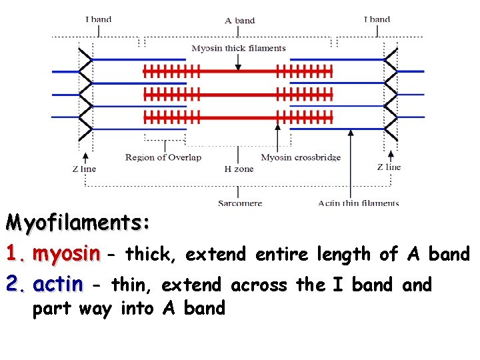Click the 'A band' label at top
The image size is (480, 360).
240,20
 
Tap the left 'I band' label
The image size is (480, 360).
98,19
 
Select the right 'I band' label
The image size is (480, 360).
377,19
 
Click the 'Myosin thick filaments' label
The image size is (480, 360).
239,48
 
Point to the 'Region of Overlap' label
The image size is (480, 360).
163,157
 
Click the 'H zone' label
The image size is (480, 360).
239,169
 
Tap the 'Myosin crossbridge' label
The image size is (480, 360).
301,157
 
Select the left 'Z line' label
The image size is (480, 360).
84,169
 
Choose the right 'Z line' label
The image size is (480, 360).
389,167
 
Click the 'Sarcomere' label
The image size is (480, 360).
240,203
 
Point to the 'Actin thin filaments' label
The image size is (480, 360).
359,203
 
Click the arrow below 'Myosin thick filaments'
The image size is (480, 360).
239,61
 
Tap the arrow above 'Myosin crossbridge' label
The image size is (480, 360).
277,137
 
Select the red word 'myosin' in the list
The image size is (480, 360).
66,254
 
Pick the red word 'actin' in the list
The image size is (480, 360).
58,285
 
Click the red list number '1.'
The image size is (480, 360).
16,254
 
